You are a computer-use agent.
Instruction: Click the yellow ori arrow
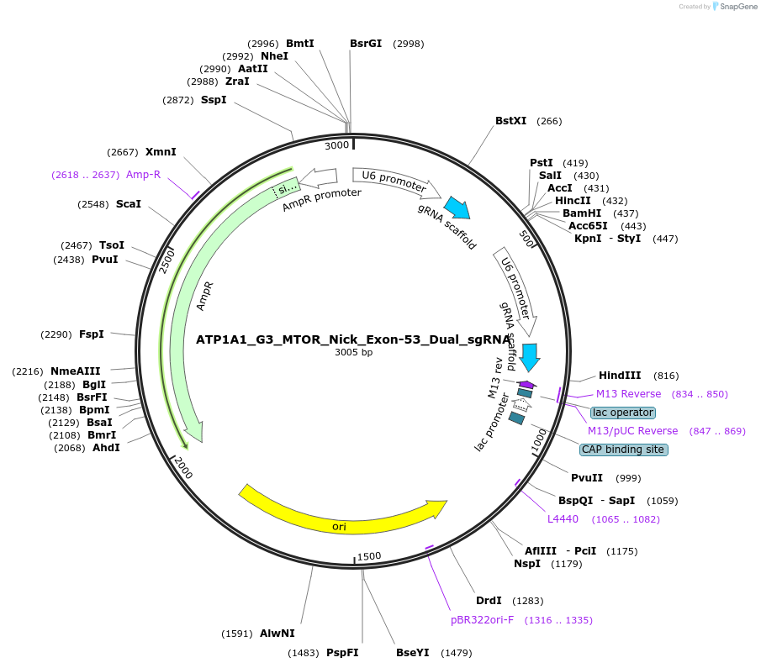341,513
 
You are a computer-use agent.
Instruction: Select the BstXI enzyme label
510,121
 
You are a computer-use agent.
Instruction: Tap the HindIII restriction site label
620,376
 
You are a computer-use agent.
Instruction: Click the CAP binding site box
624,450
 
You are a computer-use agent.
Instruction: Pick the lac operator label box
622,413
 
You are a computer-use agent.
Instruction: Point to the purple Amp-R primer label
143,175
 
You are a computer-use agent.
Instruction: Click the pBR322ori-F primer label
482,620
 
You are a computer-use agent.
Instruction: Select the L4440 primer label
563,519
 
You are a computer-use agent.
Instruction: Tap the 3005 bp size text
353,353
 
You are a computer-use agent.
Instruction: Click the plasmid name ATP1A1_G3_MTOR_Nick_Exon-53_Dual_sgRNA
353,340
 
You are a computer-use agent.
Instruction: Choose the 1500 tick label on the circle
369,556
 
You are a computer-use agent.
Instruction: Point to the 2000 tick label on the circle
182,469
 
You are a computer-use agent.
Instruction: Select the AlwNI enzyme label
277,634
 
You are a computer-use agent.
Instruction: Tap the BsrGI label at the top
366,44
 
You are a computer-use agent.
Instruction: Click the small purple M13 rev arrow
526,384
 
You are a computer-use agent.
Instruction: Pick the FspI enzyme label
92,334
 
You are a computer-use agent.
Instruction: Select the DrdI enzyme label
489,601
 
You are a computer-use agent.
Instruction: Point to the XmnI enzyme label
161,152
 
